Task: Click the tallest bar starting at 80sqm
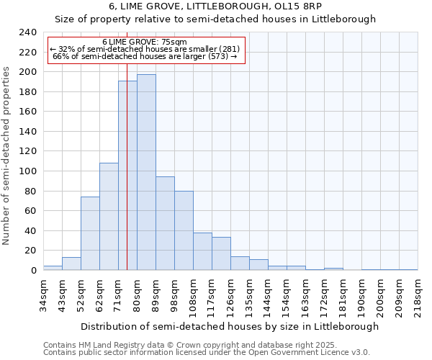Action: coord(146,173)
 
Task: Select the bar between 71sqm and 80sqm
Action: coord(127,176)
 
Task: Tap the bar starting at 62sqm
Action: coord(109,216)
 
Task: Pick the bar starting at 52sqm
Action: coord(90,234)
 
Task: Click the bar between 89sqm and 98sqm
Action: coord(165,223)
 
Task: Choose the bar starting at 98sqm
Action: coord(184,230)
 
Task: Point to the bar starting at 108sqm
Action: coord(202,251)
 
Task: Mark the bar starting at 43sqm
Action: coord(71,264)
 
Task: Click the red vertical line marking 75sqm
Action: coord(127,144)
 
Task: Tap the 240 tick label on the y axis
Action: coord(27,32)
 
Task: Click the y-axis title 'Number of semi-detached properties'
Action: coord(7,155)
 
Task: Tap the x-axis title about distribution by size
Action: coord(229,326)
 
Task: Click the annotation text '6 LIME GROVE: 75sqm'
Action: coord(145,42)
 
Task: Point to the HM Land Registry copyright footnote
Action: coord(189,345)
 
